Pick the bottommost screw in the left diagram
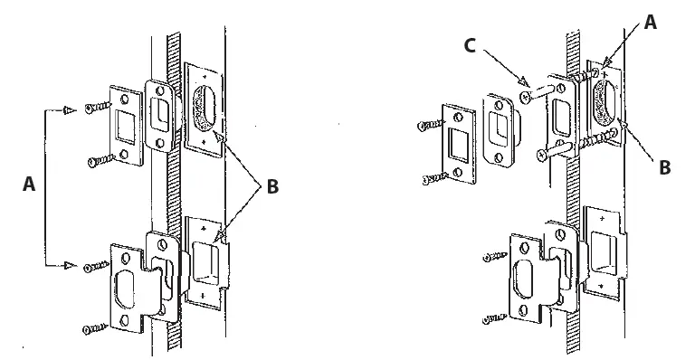(x=94, y=328)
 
